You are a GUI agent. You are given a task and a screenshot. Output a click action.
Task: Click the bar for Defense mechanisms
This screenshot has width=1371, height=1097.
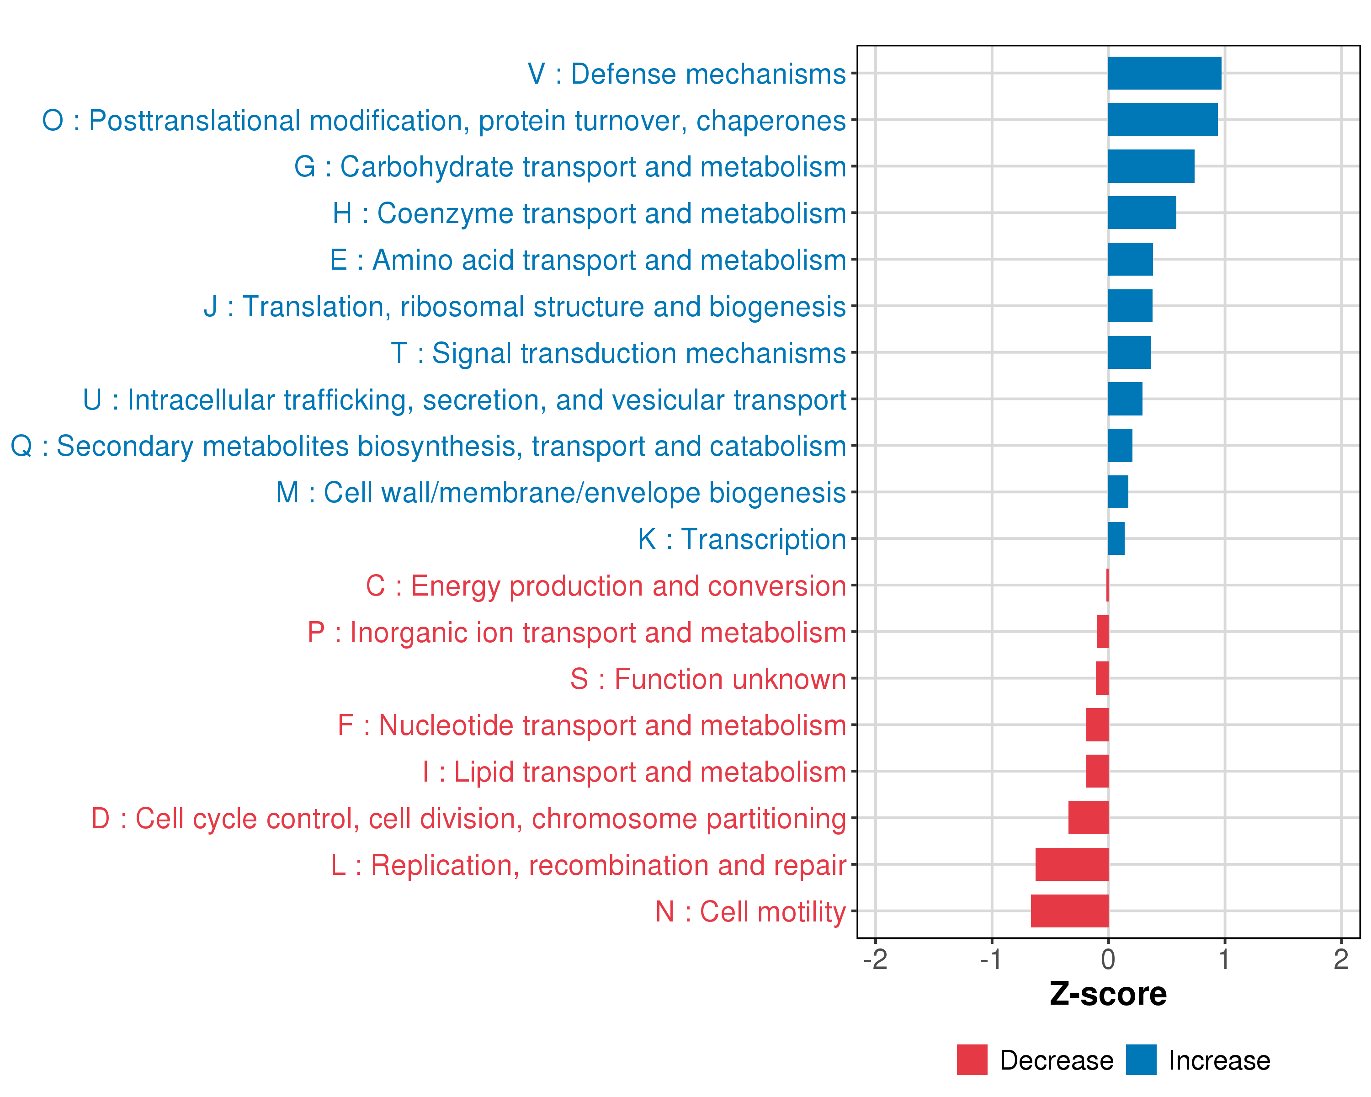tap(1164, 73)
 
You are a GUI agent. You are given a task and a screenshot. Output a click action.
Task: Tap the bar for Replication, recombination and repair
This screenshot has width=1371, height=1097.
tap(1072, 864)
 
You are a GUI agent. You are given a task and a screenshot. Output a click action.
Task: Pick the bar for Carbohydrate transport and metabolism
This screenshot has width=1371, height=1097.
tap(1151, 166)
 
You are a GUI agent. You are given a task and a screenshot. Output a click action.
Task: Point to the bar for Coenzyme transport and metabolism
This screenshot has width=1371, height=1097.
tap(1142, 213)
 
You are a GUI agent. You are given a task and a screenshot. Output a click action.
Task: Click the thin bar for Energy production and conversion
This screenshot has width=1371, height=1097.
tap(1107, 585)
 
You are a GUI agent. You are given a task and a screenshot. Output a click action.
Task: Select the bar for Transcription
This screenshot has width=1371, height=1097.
tap(1116, 538)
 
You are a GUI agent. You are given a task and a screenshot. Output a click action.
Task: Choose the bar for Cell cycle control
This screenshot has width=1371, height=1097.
tap(1088, 818)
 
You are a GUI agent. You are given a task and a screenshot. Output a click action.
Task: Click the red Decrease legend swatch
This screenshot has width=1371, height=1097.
tap(972, 1060)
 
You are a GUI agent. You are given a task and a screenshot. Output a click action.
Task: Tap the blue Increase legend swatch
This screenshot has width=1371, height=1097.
tap(1141, 1060)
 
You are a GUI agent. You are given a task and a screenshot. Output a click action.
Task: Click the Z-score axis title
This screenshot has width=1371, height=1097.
tap(1108, 994)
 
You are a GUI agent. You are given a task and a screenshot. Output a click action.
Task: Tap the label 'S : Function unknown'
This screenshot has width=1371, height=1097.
tap(708, 679)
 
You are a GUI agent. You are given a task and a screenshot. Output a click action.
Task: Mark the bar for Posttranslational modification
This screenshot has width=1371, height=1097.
tap(1163, 120)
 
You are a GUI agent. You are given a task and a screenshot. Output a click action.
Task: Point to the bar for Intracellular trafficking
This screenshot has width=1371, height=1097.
tap(1125, 399)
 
